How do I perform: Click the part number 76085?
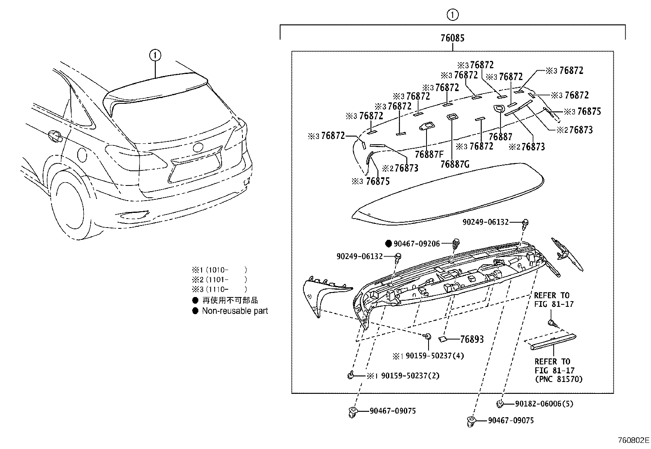click(452, 38)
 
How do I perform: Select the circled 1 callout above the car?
click(155, 55)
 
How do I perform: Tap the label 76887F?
click(429, 154)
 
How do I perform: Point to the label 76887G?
click(455, 164)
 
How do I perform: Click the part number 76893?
click(471, 339)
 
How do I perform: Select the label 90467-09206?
click(416, 244)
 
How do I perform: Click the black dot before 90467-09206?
click(389, 244)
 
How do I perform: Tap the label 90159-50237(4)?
click(434, 356)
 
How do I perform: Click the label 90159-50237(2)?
click(410, 375)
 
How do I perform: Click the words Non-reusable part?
click(235, 311)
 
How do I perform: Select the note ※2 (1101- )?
click(220, 279)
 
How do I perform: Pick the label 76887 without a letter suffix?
click(500, 137)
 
